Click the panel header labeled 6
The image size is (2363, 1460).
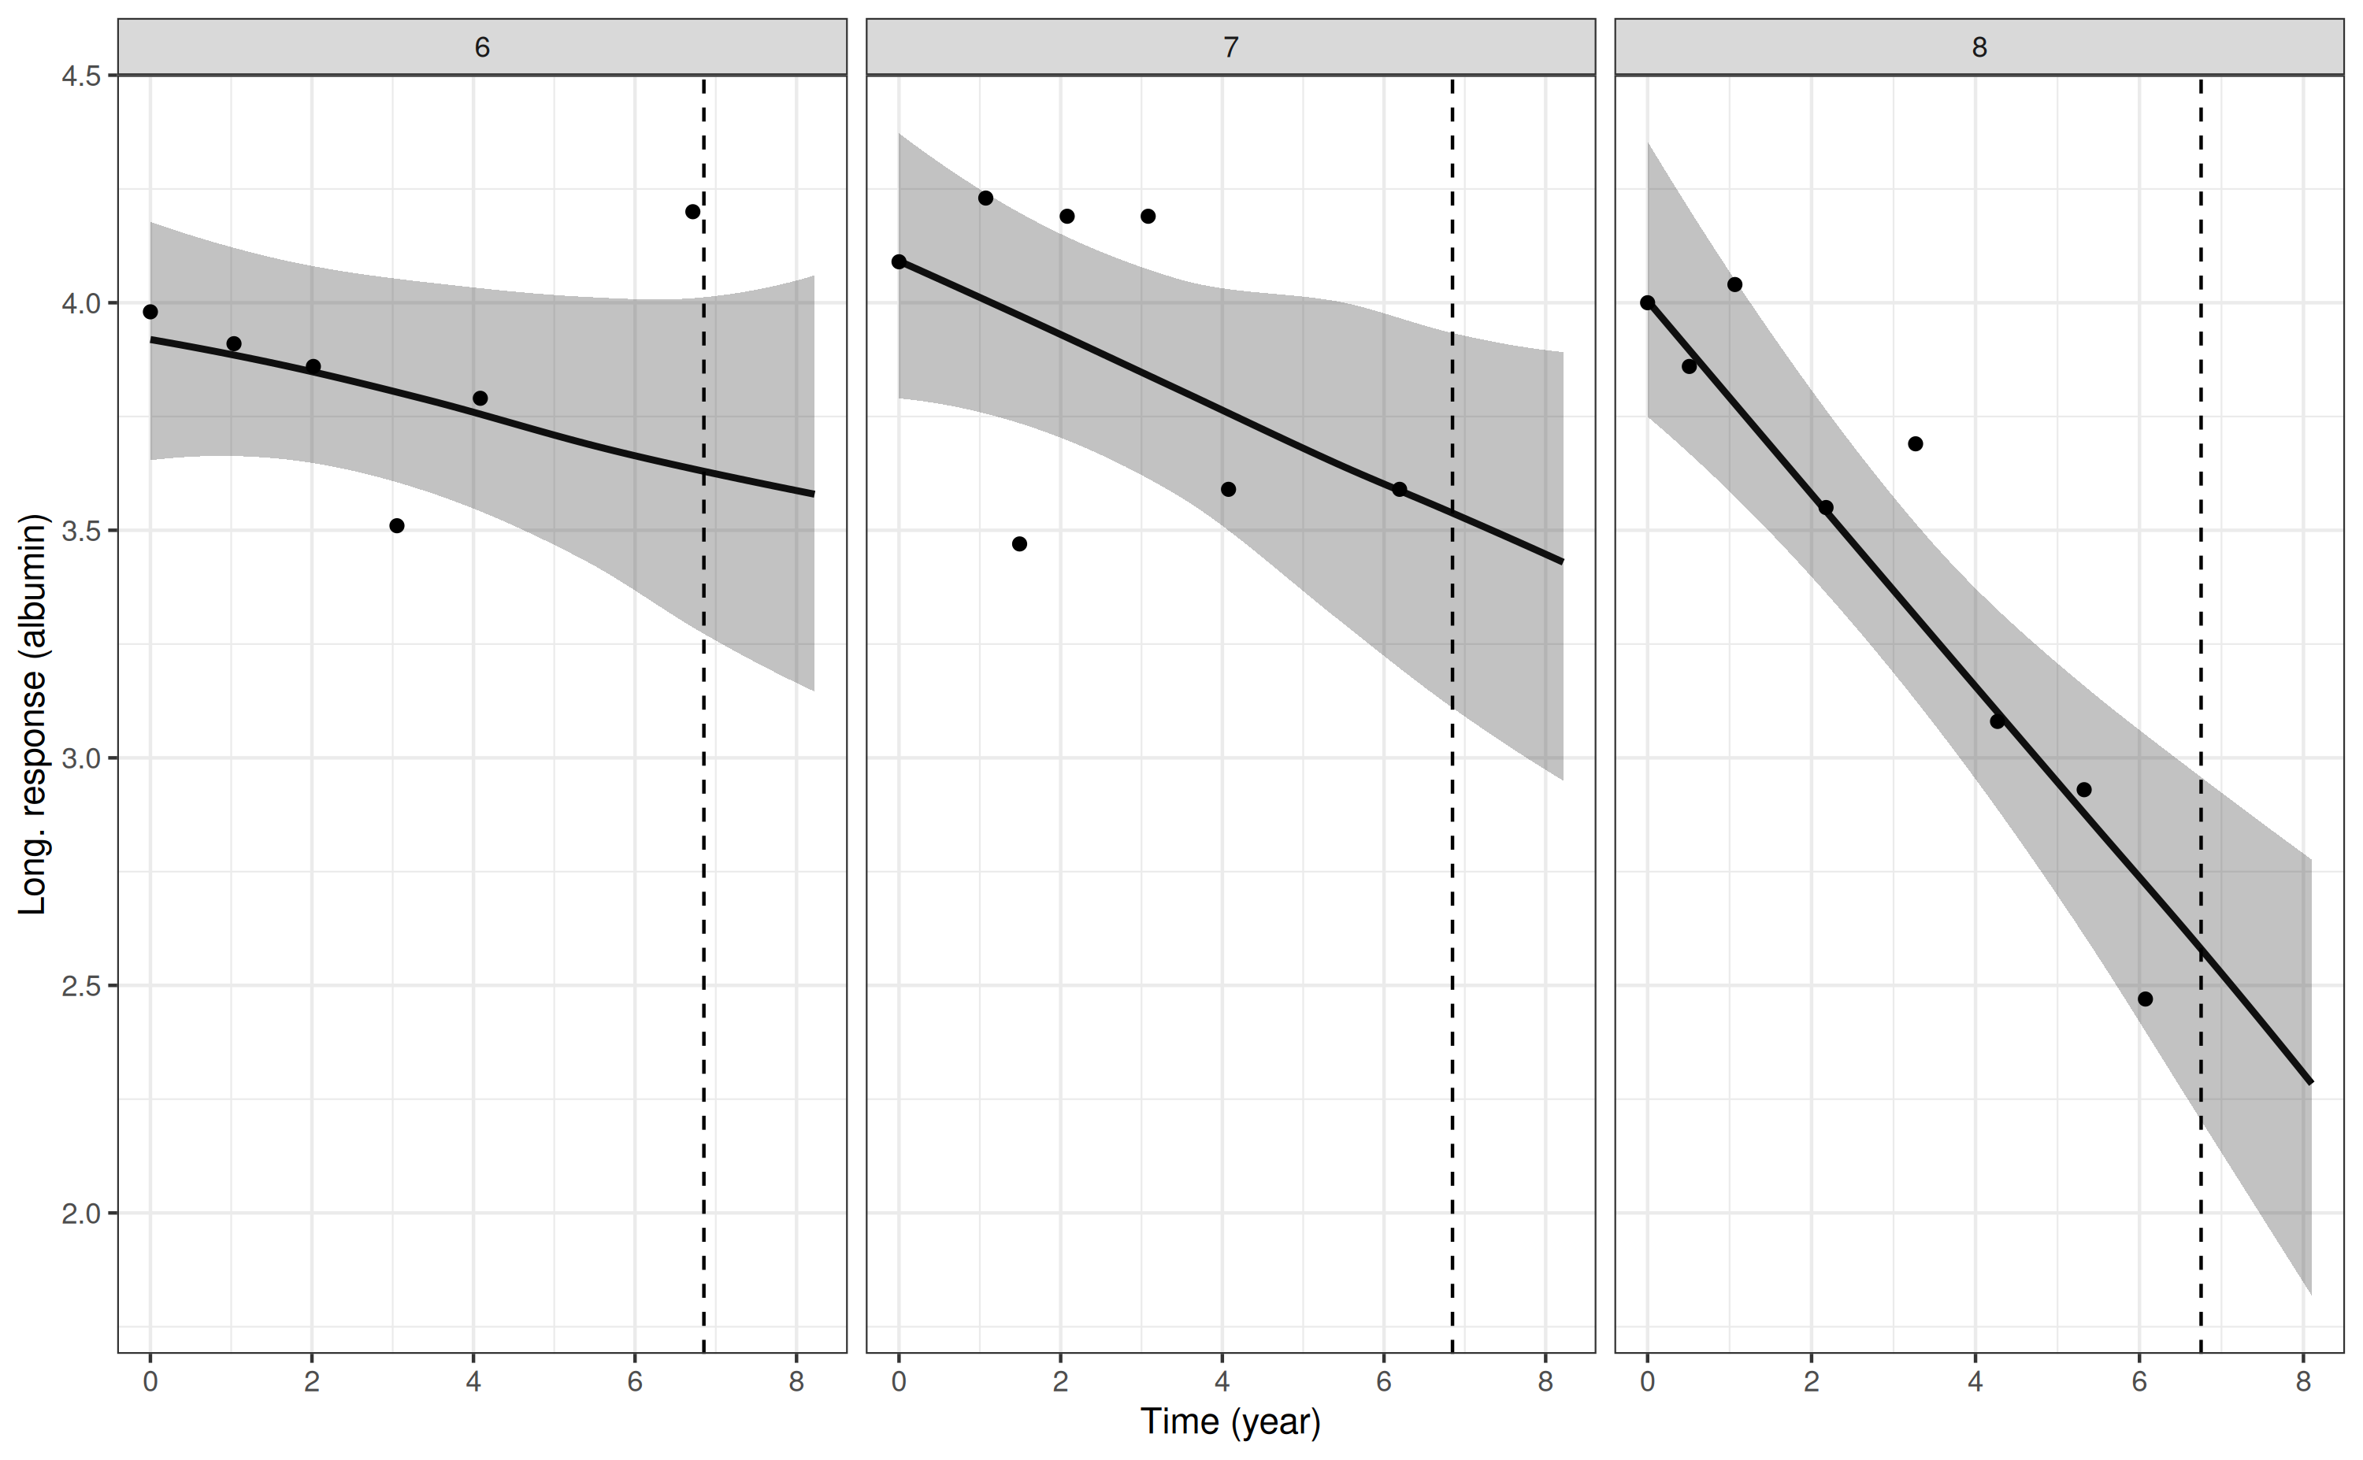pos(482,47)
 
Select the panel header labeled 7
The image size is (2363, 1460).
pos(1230,47)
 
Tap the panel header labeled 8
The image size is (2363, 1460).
pos(1979,47)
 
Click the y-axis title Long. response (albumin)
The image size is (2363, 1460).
pos(33,714)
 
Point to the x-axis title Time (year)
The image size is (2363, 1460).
pos(1230,1421)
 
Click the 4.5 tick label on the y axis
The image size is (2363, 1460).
pos(81,76)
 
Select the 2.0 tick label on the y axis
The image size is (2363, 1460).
pos(81,1213)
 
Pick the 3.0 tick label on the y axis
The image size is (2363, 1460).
pos(81,758)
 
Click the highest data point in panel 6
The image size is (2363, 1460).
pos(692,212)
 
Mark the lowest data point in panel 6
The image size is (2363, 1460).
pos(396,525)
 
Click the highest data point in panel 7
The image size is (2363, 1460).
pos(985,198)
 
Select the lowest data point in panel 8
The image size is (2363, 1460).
pos(2145,999)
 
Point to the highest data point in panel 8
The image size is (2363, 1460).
pos(1734,283)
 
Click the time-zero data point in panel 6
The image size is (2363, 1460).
pos(150,312)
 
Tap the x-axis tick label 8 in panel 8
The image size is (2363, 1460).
pos(2303,1382)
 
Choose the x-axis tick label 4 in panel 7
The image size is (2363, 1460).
pos(1222,1382)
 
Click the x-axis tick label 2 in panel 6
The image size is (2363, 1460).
pos(311,1382)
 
